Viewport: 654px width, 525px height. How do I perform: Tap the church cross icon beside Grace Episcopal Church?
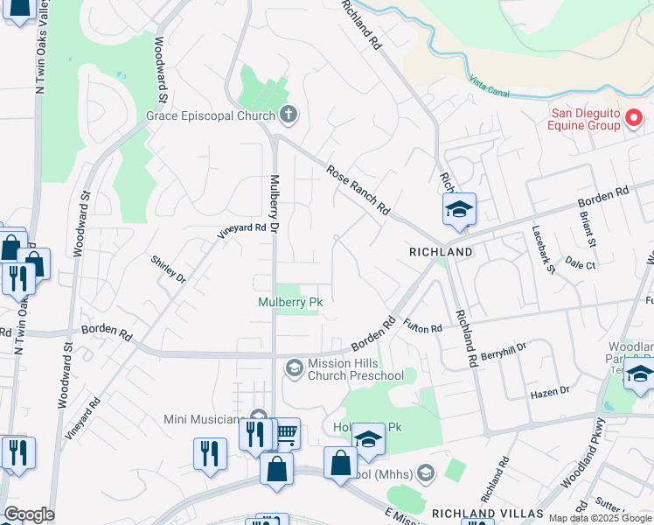(289, 115)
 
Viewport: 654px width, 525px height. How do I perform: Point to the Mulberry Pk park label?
(290, 303)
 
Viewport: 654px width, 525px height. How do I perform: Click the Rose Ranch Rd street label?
(358, 191)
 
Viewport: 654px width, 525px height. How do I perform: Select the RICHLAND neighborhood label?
(442, 252)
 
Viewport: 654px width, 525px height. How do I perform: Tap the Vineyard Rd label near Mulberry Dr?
(241, 231)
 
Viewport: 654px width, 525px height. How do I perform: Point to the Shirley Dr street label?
(168, 268)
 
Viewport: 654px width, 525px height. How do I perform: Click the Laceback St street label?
(544, 250)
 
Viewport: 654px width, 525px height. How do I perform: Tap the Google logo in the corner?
(28, 514)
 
